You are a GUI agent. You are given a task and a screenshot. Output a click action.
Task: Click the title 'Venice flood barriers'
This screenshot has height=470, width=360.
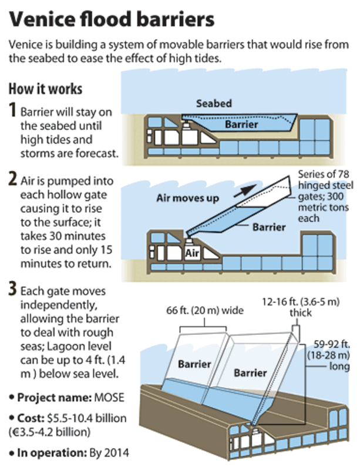pos(111,19)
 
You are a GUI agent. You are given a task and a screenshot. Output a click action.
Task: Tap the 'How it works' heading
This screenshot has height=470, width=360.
pos(45,90)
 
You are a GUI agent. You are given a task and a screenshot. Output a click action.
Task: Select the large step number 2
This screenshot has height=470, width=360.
pos(12,180)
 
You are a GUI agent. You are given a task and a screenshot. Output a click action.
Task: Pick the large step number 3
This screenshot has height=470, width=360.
pos(12,292)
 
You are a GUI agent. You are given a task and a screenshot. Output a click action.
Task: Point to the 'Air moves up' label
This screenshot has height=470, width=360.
pos(188,198)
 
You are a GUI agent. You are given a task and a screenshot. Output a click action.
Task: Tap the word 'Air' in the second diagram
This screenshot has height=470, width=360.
pos(193,254)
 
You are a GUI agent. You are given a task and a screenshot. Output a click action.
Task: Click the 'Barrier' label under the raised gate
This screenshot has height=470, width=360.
pos(270,227)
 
